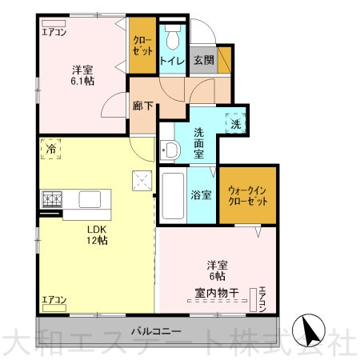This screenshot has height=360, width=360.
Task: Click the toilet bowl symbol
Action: click(x=173, y=37)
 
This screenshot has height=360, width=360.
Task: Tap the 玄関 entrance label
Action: click(x=204, y=60)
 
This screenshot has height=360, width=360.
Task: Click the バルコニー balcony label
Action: click(x=156, y=331)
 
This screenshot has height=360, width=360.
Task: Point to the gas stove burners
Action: click(x=52, y=199)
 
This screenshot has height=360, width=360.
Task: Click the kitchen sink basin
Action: click(x=90, y=199)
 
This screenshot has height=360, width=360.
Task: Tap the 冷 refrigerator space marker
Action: click(x=50, y=149)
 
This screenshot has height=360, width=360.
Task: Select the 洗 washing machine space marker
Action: click(x=236, y=123)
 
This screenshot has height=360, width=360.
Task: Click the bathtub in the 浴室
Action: click(x=173, y=195)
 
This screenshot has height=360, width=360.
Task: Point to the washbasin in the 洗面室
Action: click(x=170, y=150)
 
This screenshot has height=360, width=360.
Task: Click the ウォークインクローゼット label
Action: click(x=248, y=196)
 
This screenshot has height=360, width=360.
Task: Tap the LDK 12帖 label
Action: click(x=97, y=235)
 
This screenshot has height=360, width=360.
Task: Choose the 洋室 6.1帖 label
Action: click(x=82, y=75)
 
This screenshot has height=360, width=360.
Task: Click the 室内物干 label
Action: click(x=217, y=293)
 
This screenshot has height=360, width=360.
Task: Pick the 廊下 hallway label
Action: click(x=143, y=106)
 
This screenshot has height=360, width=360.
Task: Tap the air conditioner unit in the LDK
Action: click(x=54, y=308)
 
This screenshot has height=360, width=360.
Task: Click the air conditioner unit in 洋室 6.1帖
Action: click(x=54, y=23)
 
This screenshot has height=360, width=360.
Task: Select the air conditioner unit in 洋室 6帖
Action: click(x=253, y=299)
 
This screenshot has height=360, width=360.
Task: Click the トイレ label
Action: click(x=172, y=61)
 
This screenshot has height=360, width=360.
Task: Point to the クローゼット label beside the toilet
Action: click(x=142, y=46)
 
